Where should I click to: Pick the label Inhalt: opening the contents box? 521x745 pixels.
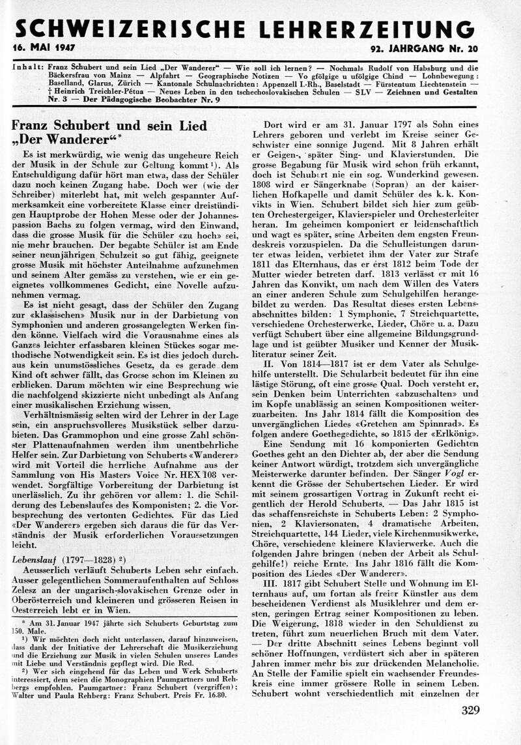[x=28, y=66]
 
